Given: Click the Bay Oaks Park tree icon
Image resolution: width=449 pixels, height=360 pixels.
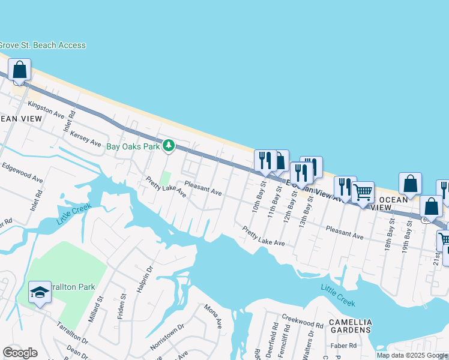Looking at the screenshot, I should pyautogui.click(x=169, y=146).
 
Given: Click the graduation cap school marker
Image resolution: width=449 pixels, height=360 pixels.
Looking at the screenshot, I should pyautogui.click(x=40, y=292).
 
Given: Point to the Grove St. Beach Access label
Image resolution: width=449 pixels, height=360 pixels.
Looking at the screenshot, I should pyautogui.click(x=42, y=45).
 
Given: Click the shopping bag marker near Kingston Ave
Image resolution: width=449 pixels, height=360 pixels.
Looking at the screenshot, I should pyautogui.click(x=20, y=70).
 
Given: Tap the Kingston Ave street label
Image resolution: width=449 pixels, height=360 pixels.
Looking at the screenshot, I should pyautogui.click(x=46, y=109).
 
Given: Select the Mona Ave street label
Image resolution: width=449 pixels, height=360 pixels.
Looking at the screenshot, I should pyautogui.click(x=213, y=316).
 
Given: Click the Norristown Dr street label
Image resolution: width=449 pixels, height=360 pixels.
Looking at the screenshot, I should pyautogui.click(x=165, y=340).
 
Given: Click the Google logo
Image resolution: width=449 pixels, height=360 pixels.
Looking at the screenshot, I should pyautogui.click(x=20, y=352).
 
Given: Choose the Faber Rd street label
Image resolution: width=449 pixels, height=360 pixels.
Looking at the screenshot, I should pyautogui.click(x=343, y=346).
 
